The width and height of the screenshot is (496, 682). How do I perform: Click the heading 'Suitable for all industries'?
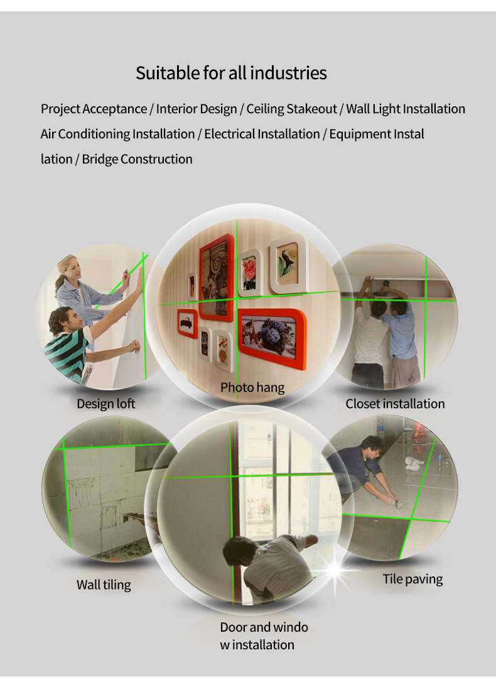(231, 73)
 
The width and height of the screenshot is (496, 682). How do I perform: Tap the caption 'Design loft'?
(106, 404)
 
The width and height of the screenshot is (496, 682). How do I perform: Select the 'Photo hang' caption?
(252, 387)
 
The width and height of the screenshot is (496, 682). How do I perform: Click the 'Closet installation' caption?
(396, 404)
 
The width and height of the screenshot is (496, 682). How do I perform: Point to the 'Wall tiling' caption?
(104, 585)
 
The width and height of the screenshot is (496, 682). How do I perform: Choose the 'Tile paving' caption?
(412, 580)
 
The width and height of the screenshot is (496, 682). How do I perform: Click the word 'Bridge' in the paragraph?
(100, 159)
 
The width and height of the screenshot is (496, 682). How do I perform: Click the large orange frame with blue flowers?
(272, 338)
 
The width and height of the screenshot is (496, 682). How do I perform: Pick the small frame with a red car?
(187, 324)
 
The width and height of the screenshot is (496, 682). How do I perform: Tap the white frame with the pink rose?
(250, 273)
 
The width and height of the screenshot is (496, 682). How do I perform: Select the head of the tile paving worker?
(371, 446)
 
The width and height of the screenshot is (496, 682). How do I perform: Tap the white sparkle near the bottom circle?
(336, 569)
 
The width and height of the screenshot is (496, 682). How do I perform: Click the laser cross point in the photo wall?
(237, 299)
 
